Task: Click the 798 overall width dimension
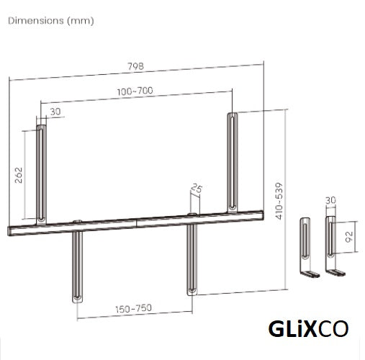tap(135, 66)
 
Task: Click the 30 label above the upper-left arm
tap(55, 112)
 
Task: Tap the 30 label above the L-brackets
tap(330, 200)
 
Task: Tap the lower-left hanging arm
tap(76, 266)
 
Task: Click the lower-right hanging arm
tap(193, 259)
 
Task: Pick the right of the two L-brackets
tap(330, 245)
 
